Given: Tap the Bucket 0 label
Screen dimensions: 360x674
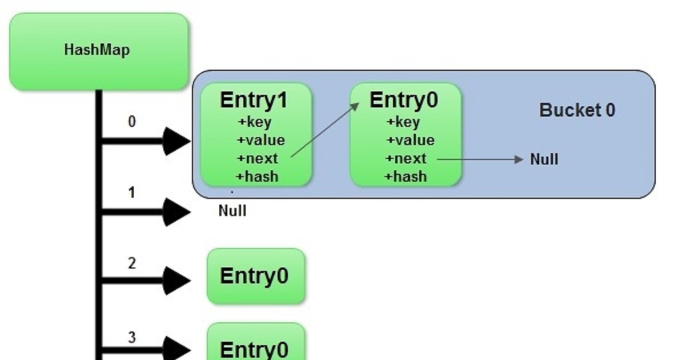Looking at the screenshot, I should coord(577,110).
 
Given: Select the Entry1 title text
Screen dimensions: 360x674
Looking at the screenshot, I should coord(254,100).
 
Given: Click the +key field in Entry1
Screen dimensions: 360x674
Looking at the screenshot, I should coord(255,122).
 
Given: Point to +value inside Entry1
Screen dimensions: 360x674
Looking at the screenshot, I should coord(260,141).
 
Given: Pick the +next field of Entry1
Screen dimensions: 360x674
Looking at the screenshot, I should coord(258,159).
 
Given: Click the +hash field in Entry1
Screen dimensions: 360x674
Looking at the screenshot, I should coord(258,177).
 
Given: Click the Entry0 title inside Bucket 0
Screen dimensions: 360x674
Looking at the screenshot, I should coord(404,100).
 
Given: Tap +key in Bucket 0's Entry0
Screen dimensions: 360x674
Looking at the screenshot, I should coord(403,122).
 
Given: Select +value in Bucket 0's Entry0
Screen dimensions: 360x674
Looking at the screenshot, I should coord(410,141).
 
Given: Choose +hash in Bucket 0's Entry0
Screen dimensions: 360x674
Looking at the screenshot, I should coord(406,177).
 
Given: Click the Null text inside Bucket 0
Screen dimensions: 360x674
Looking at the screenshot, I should coord(544,159).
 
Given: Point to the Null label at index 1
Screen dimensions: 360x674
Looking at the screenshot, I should coord(232,211).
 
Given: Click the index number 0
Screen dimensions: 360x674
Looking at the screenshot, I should coord(132,122).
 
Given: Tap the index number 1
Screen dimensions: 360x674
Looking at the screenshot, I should coord(132,193).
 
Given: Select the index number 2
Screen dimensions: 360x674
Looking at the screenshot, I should coord(132,263).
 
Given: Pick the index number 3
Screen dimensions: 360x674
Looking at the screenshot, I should coord(132,337).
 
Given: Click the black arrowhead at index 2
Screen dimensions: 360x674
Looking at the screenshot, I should coord(176,280).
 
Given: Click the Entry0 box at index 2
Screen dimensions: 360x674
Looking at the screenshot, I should coord(255,276).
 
